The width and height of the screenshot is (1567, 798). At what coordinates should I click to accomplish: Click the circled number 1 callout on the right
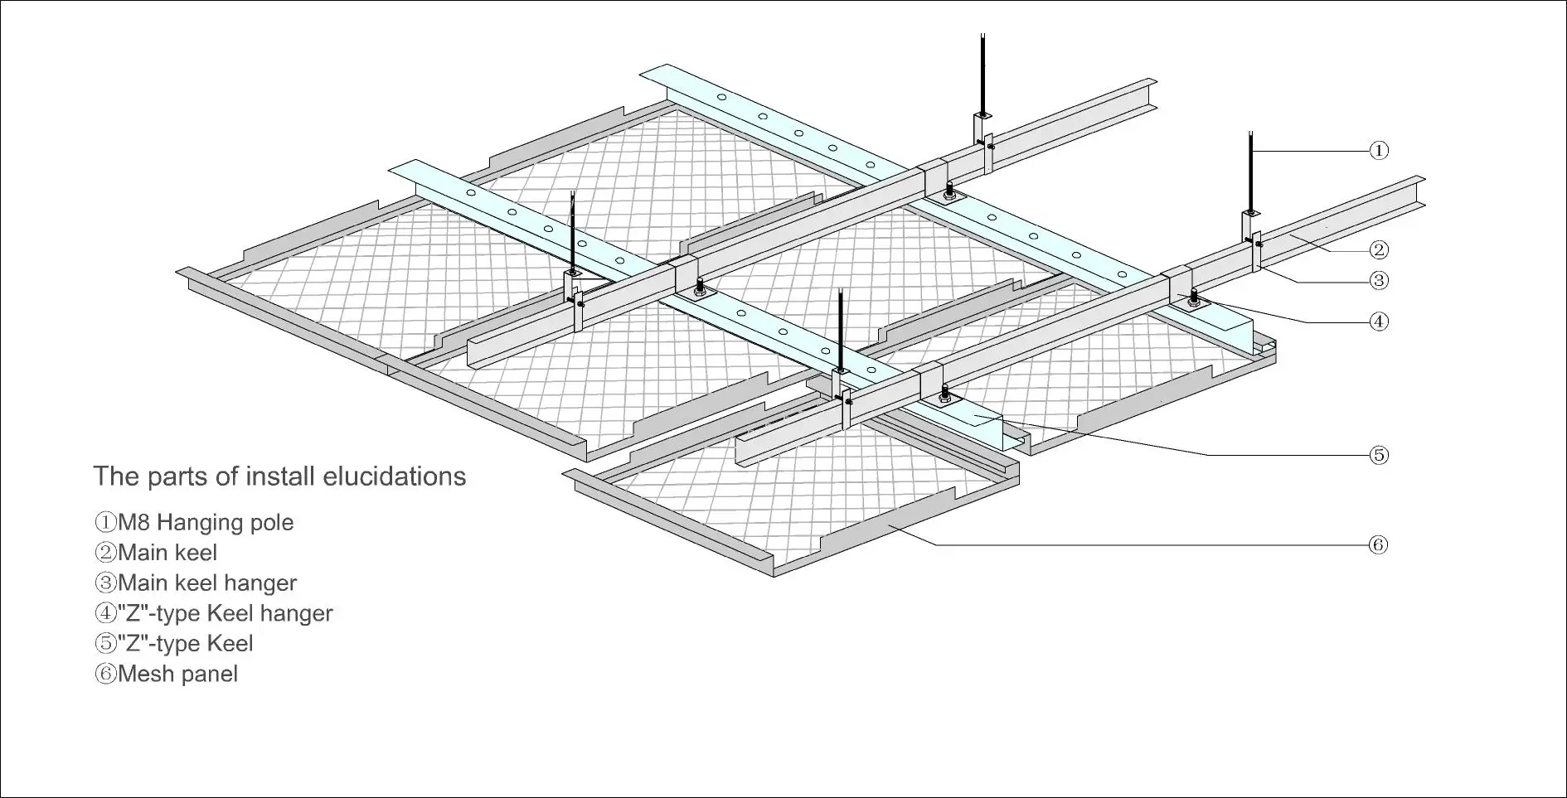(1378, 150)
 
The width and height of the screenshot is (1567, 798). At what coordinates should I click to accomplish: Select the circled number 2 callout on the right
(1378, 249)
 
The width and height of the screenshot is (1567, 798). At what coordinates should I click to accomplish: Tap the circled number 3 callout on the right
(1378, 281)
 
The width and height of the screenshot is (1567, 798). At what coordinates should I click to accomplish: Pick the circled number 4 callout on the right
(1378, 322)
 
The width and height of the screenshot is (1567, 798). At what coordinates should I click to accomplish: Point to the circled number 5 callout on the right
(1378, 455)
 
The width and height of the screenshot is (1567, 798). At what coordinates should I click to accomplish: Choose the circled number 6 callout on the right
(1378, 544)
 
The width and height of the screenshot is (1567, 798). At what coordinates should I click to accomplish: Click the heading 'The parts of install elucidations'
(279, 476)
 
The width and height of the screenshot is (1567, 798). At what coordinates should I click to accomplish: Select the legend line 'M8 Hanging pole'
(194, 523)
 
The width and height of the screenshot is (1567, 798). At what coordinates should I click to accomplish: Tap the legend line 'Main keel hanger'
(196, 583)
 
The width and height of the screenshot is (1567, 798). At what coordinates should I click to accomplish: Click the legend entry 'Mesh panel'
(167, 675)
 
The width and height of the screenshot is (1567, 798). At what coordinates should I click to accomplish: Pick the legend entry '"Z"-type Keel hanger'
(214, 614)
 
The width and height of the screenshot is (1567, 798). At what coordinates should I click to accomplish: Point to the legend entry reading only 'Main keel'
(157, 553)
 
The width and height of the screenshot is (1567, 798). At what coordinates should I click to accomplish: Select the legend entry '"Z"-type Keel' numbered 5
(174, 644)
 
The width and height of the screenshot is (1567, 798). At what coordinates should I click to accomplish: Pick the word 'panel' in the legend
(209, 675)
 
